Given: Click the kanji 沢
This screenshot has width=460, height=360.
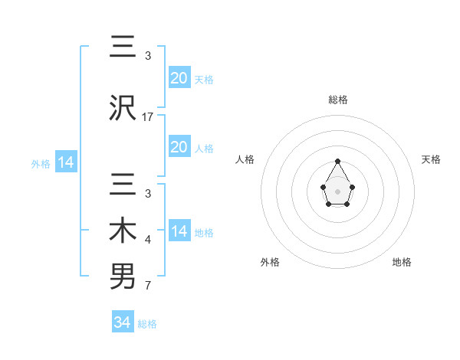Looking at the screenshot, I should tap(123, 108).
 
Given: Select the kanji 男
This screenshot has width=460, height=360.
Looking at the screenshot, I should tap(123, 277).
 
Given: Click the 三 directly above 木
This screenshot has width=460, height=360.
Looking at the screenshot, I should tap(123, 185).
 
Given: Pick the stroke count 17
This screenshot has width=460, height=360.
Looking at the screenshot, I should tap(148, 117).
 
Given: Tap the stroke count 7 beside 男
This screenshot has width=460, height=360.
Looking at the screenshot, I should tap(148, 286).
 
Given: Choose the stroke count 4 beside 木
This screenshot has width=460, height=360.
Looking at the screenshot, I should tap(148, 241).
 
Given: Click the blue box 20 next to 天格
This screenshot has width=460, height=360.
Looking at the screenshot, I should tap(179, 78).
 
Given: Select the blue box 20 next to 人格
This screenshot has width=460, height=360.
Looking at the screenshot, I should tap(179, 147).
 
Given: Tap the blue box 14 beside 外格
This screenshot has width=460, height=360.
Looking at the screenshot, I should tap(64, 162).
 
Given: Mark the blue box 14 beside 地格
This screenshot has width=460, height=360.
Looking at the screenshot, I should tap(179, 231).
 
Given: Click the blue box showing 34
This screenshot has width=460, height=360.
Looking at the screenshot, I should tap(123, 322).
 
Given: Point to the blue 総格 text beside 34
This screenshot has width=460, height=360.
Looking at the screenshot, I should tap(147, 324).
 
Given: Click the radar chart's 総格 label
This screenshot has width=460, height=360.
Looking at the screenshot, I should tap(337, 100).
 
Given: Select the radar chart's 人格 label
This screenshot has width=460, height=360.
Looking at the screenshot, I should tap(245, 159).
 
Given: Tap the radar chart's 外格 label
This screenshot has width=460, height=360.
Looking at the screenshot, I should tap(270, 262).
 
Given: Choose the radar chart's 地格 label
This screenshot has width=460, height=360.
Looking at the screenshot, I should tap(402, 262).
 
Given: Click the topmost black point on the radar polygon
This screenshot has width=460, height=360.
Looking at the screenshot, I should tap(337, 161).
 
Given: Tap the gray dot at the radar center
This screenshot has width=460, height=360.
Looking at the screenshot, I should tap(337, 190).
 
